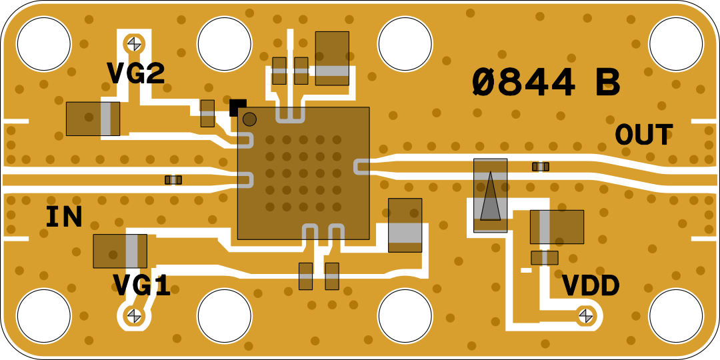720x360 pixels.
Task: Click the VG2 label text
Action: pyautogui.click(x=136, y=73)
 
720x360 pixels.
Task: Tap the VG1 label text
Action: pyautogui.click(x=142, y=286)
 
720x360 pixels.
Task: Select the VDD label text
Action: pyautogui.click(x=591, y=286)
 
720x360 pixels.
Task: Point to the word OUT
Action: pyautogui.click(x=644, y=135)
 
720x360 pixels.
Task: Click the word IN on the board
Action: pyautogui.click(x=64, y=218)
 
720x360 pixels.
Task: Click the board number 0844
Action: pyautogui.click(x=524, y=83)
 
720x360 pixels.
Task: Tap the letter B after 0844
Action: pyautogui.click(x=607, y=83)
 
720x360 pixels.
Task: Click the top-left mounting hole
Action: pyautogui.click(x=44, y=44)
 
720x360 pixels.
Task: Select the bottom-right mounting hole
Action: pyautogui.click(x=676, y=316)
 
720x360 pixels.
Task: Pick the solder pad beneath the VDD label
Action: pyautogui.click(x=586, y=315)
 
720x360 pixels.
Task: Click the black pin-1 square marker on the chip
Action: pyautogui.click(x=238, y=106)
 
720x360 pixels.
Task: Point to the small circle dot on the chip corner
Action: pyautogui.click(x=249, y=119)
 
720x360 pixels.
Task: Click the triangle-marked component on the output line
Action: pyautogui.click(x=491, y=195)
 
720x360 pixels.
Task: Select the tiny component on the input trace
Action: pyautogui.click(x=173, y=180)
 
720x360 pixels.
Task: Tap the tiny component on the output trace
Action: pyautogui.click(x=541, y=167)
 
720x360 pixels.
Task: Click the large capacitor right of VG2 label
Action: pyautogui.click(x=93, y=119)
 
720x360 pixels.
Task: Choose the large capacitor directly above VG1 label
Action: pyautogui.click(x=120, y=251)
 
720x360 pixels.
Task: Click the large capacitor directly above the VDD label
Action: pyautogui.click(x=557, y=227)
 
